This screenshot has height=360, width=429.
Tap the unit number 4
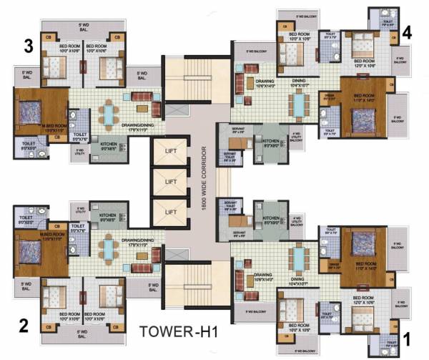click(x=407, y=32)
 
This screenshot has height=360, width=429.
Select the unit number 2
click(x=24, y=326)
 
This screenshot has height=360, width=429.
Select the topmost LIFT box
click(x=170, y=152)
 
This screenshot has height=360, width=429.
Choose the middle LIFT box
click(x=170, y=183)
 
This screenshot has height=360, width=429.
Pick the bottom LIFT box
click(x=170, y=213)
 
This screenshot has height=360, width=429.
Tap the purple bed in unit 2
click(x=29, y=250)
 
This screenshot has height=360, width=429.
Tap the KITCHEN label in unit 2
click(x=107, y=215)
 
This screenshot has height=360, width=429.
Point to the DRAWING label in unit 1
click(x=265, y=273)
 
